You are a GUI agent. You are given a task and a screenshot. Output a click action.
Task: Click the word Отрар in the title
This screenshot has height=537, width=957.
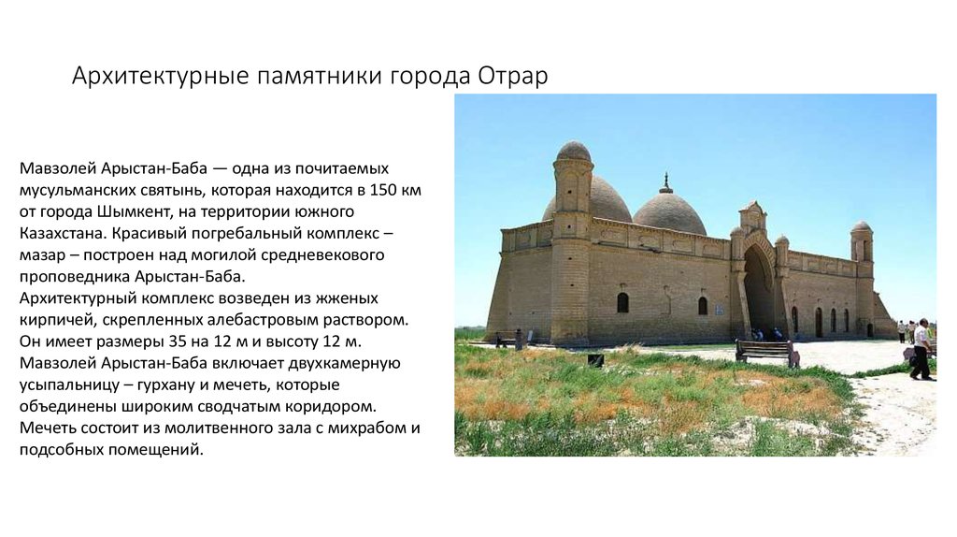pos(513,76)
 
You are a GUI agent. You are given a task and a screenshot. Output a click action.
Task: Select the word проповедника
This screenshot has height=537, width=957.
pos(75,277)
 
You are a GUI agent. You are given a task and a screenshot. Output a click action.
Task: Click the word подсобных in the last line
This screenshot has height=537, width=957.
pos(62,450)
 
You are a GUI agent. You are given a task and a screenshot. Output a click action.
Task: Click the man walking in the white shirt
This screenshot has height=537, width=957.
pos(921,349)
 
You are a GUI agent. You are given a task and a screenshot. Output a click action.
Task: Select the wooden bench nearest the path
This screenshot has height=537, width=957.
pos(767,353)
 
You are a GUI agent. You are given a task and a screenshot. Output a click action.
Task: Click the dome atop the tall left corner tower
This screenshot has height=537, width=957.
pos(575,151)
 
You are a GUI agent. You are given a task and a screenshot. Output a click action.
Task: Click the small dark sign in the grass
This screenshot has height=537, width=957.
pos(595,360)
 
